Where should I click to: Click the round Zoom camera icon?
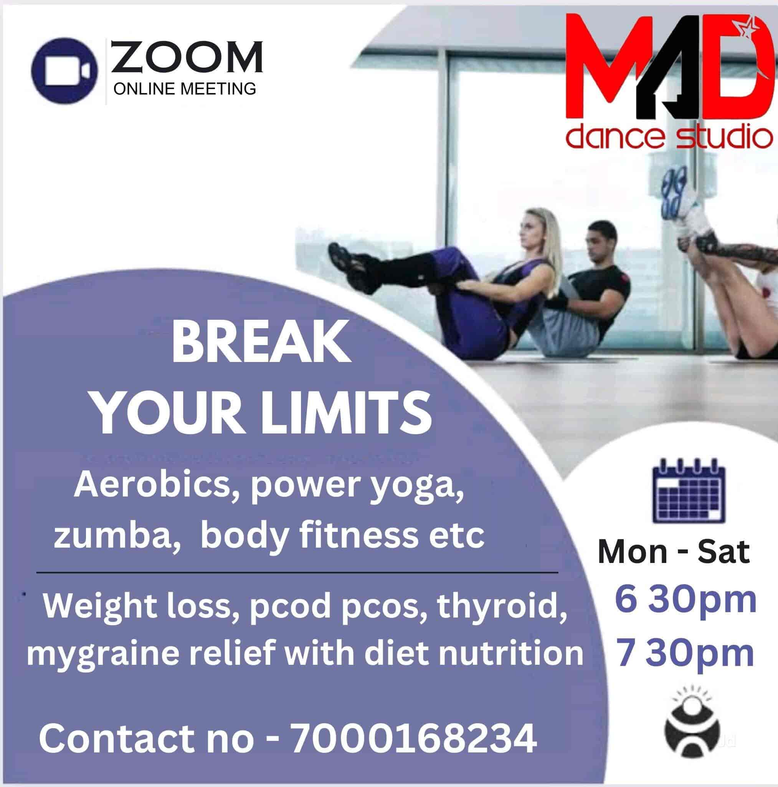pos(65,70)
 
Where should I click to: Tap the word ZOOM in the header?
pos(187,57)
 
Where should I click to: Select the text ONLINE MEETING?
pos(185,88)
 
